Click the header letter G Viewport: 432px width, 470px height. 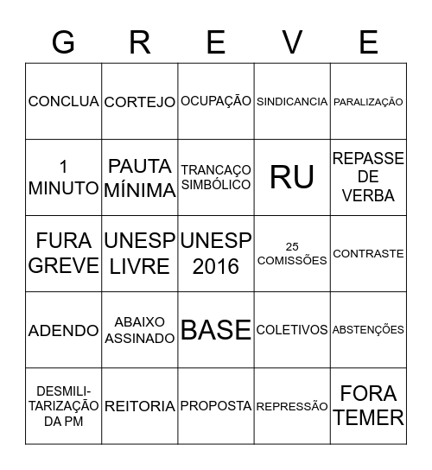point(63,41)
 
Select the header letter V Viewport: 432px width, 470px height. point(292,41)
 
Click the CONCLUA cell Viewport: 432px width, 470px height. point(63,101)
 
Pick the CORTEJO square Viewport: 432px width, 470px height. point(139,102)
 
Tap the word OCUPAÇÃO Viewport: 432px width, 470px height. point(216,101)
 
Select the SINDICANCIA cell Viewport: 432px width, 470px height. point(292,101)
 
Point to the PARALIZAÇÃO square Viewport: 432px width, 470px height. point(368,102)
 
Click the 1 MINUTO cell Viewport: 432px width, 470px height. point(63,177)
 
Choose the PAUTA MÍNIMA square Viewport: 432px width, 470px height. point(139,177)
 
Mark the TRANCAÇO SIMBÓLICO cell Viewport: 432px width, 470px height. point(216,177)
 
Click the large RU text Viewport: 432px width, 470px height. point(292,177)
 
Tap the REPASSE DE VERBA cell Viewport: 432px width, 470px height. point(368,177)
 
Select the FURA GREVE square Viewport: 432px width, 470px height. point(63,253)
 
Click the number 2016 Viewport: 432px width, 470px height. point(216,266)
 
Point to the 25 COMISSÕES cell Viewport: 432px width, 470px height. point(292,253)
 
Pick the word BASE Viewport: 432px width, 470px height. point(216,329)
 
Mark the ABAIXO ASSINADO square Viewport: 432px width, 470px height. point(139,329)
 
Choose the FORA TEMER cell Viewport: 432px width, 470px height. point(368,405)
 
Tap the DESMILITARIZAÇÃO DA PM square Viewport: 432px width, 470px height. point(63,405)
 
